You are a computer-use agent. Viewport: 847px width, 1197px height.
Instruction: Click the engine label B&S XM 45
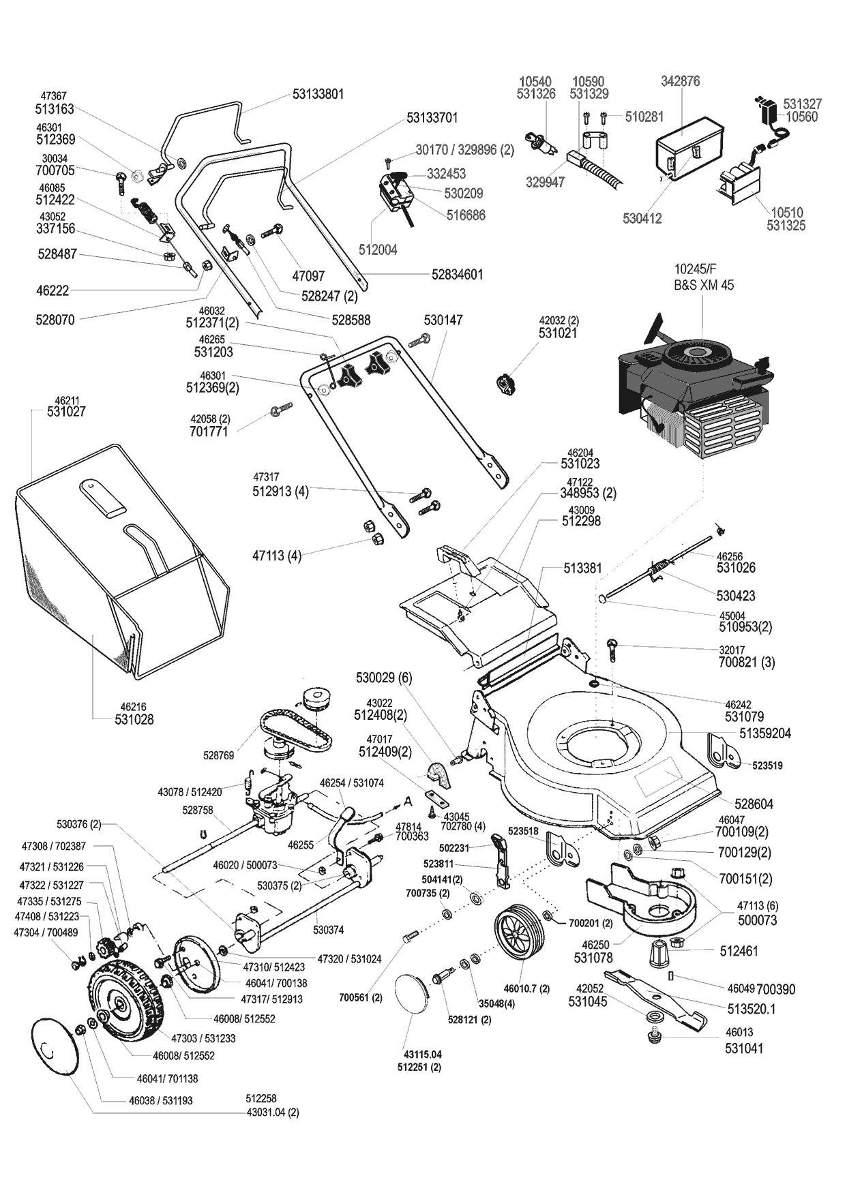[x=704, y=285]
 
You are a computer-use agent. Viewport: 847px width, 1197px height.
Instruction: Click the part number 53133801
[x=318, y=94]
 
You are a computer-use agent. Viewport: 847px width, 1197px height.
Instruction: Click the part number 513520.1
[x=747, y=1007]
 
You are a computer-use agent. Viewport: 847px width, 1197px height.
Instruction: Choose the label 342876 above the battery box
[x=680, y=81]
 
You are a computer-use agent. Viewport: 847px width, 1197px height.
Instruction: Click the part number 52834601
[x=457, y=275]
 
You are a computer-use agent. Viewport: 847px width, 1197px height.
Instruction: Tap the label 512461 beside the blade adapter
[x=739, y=951]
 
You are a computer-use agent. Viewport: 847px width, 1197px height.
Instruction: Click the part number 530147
[x=443, y=320]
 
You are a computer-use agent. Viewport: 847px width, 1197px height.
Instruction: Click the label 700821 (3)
[x=747, y=662]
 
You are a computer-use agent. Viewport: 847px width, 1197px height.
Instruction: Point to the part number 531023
[x=580, y=464]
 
